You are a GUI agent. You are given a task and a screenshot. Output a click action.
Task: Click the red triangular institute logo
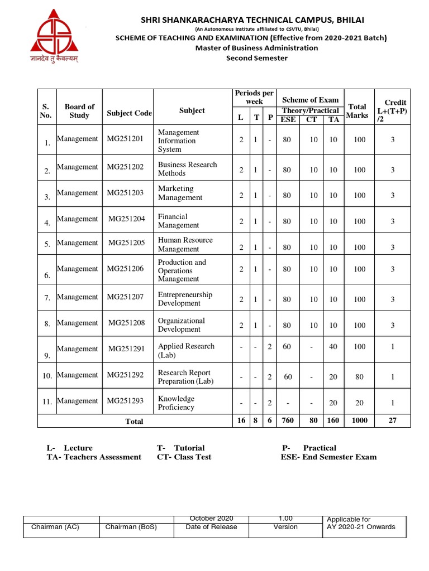pyautogui.click(x=54, y=32)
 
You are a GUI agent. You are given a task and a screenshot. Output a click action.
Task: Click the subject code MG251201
pyautogui.click(x=125, y=139)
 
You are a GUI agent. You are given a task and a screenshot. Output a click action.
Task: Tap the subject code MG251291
pyautogui.click(x=126, y=349)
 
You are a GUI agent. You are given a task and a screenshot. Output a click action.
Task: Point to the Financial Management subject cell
pyautogui.click(x=178, y=221)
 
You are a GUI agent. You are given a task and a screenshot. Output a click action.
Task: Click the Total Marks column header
pyautogui.click(x=357, y=110)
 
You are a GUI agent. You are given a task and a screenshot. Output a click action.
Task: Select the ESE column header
pyautogui.click(x=288, y=119)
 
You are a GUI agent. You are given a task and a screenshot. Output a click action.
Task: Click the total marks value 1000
pyautogui.click(x=359, y=420)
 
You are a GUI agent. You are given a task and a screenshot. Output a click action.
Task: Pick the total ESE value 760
pyautogui.click(x=287, y=420)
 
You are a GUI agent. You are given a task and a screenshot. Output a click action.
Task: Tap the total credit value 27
pyautogui.click(x=392, y=420)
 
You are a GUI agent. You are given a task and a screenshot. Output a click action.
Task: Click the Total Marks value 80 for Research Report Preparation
pyautogui.click(x=359, y=377)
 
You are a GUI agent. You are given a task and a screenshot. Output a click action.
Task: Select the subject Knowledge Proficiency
pyautogui.click(x=176, y=403)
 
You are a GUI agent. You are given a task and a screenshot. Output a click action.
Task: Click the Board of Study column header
pyautogui.click(x=79, y=110)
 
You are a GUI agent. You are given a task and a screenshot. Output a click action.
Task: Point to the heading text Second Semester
pyautogui.click(x=256, y=58)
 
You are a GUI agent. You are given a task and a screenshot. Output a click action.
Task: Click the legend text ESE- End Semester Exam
pyautogui.click(x=328, y=457)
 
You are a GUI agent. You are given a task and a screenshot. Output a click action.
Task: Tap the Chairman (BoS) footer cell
pyautogui.click(x=131, y=526)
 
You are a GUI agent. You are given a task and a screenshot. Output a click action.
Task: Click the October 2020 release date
pyautogui.click(x=212, y=519)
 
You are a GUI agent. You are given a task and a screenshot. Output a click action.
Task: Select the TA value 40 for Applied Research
pyautogui.click(x=333, y=347)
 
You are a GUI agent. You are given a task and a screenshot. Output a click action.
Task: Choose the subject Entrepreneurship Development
pyautogui.click(x=185, y=299)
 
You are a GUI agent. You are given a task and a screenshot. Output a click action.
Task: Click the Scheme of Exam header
pyautogui.click(x=310, y=100)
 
